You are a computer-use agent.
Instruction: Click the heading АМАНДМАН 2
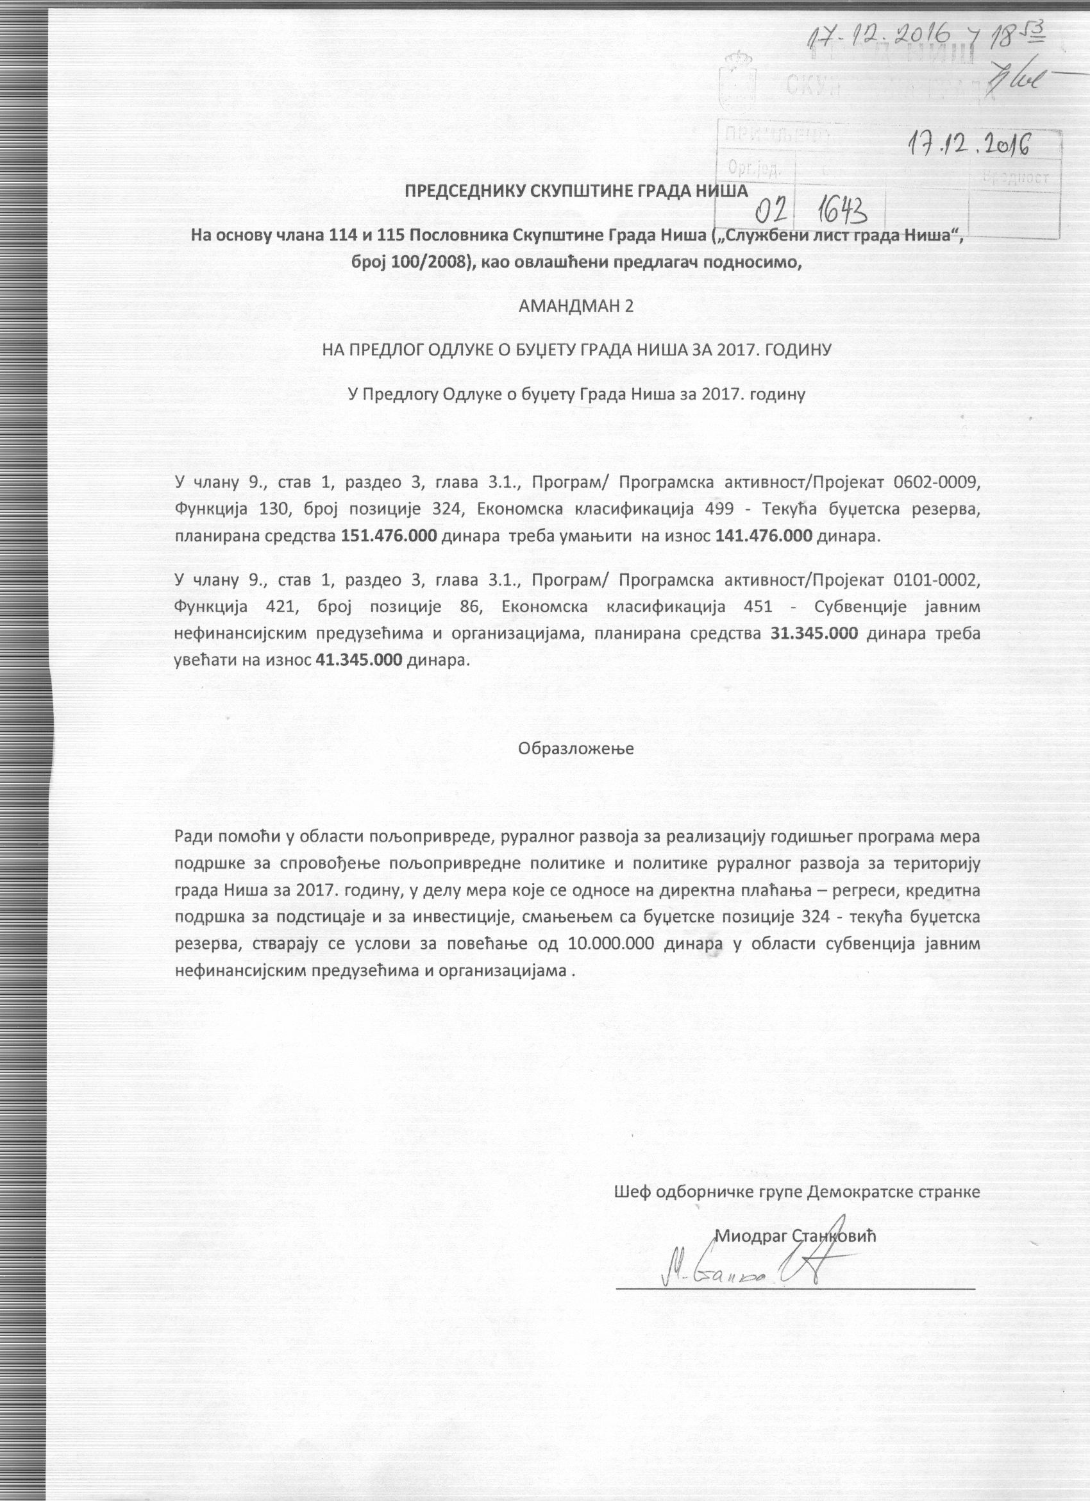(576, 306)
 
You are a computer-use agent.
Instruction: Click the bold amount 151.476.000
(389, 536)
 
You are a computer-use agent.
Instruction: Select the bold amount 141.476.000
(763, 536)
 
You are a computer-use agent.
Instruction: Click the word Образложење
(576, 749)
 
